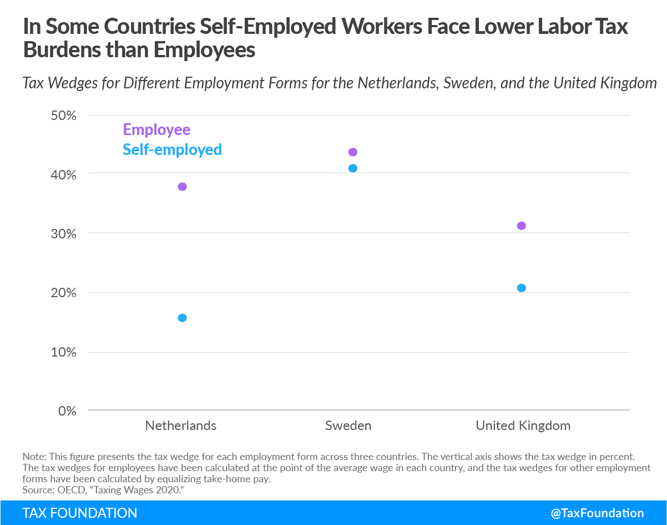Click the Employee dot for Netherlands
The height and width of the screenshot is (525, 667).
182,187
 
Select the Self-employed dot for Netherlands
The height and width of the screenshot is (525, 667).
182,318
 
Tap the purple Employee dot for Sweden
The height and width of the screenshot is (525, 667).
353,152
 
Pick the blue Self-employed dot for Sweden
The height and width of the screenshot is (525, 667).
353,168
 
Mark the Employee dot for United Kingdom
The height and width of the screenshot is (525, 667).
521,226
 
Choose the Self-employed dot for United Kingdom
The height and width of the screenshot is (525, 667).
521,288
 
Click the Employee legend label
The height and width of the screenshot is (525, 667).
156,130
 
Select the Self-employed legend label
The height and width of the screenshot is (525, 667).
172,150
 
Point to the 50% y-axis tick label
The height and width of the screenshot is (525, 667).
63,116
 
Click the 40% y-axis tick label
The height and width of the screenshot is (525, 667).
63,175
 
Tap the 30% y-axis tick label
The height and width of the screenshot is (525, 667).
63,234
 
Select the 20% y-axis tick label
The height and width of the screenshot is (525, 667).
63,293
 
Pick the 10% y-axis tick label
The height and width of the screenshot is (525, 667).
63,352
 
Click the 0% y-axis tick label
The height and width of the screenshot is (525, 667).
67,412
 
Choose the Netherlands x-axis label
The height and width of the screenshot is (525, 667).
181,426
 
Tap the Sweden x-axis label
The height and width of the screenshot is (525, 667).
348,426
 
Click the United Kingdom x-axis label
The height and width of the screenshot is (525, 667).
523,426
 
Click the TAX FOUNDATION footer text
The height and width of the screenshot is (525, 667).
79,513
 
